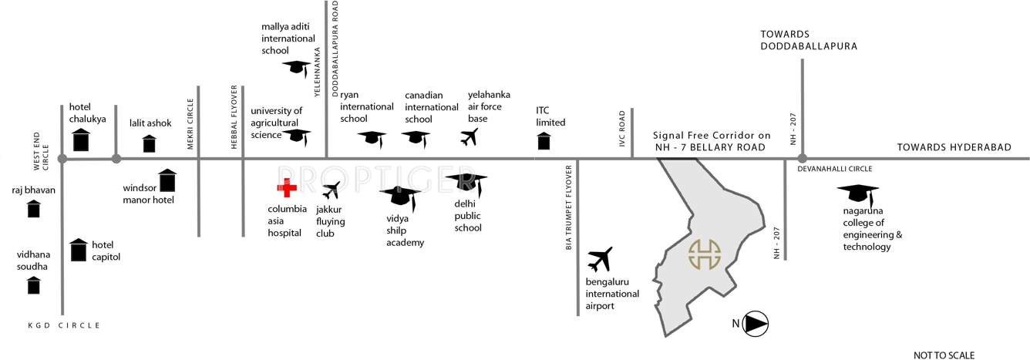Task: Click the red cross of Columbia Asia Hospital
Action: coord(287,188)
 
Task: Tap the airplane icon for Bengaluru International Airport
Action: coord(599,260)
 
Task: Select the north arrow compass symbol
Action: coord(755,325)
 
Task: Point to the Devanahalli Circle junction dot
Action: coord(803,158)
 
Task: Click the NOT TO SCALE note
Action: coord(944,355)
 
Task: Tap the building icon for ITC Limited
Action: coord(544,142)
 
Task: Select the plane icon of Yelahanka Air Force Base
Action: coord(469,137)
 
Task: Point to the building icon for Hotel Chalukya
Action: coord(81,140)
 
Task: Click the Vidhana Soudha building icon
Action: coord(34,285)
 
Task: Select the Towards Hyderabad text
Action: coord(953,147)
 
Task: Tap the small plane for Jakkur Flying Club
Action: coord(332,190)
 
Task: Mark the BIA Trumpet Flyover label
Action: coord(569,207)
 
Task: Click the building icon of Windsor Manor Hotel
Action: coord(167,180)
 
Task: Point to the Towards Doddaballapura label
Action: coord(809,40)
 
